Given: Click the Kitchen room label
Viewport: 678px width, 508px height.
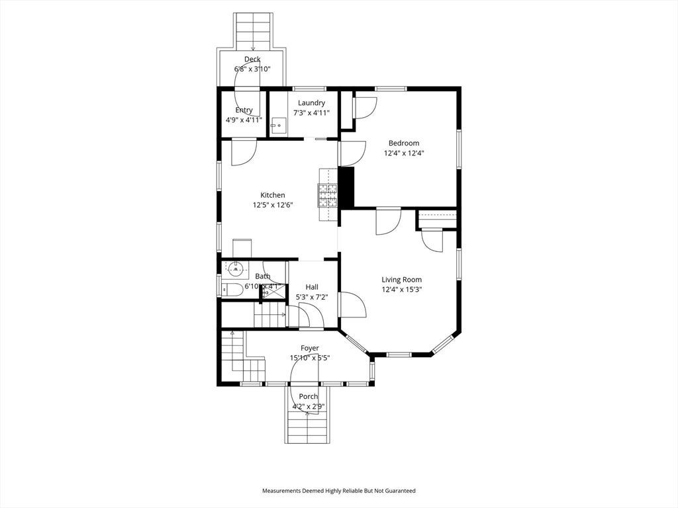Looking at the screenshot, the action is coord(272,195).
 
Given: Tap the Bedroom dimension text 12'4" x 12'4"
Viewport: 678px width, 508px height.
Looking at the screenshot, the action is coord(404,153).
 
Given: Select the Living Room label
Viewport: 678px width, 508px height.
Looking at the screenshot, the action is coord(401,280).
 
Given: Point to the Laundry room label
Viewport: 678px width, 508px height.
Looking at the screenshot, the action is coord(311,103).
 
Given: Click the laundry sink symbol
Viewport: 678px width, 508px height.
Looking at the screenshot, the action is coord(279,126).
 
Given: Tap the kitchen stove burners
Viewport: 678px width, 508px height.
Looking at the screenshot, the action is coord(327,195).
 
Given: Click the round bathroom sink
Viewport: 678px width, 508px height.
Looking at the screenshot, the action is coord(235,270).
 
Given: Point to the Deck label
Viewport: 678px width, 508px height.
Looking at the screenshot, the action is coord(252,59).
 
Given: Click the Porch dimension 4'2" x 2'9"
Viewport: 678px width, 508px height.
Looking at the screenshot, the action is coord(309,407).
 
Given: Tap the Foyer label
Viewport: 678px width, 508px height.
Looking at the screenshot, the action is coord(310,348).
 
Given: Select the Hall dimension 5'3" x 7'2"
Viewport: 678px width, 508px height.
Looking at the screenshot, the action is coord(312,297).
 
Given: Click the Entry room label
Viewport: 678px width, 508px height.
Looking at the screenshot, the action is coord(244,110).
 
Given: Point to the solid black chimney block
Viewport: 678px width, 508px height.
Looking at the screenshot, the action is coord(346,187).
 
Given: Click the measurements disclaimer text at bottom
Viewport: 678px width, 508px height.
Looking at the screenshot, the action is coord(339,491).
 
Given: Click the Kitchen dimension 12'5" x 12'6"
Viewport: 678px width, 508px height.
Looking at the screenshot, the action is coord(273,205).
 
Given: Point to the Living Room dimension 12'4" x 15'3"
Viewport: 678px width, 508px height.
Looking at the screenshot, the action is coord(401,290).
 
